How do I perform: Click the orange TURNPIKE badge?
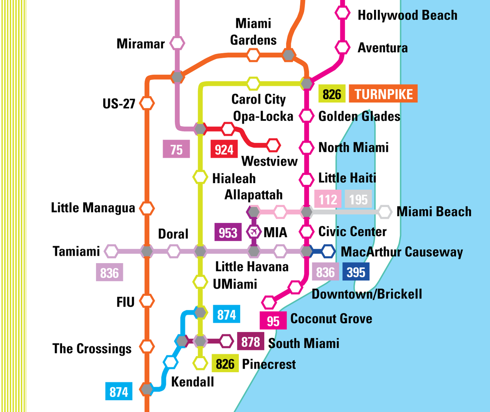[x=383, y=94]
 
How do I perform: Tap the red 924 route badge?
[x=224, y=150]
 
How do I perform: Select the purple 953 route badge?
[x=227, y=233]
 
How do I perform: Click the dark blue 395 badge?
[x=356, y=272]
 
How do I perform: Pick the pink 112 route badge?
[x=328, y=199]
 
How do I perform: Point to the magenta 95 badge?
[x=273, y=321]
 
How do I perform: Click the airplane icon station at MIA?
[x=254, y=232]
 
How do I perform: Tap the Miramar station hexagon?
[x=177, y=43]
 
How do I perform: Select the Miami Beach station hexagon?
[x=385, y=212]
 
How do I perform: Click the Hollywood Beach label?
[x=407, y=16]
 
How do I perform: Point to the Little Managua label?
[x=93, y=208]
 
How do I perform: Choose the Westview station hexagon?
[x=273, y=145]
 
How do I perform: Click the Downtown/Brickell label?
[x=367, y=294]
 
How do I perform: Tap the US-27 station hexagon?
[x=147, y=103]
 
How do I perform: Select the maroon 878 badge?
[x=250, y=341]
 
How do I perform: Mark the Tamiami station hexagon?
[x=111, y=251]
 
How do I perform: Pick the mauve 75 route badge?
[x=176, y=149]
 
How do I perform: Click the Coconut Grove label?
[x=331, y=319]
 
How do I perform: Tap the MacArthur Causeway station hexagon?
[x=328, y=251]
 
